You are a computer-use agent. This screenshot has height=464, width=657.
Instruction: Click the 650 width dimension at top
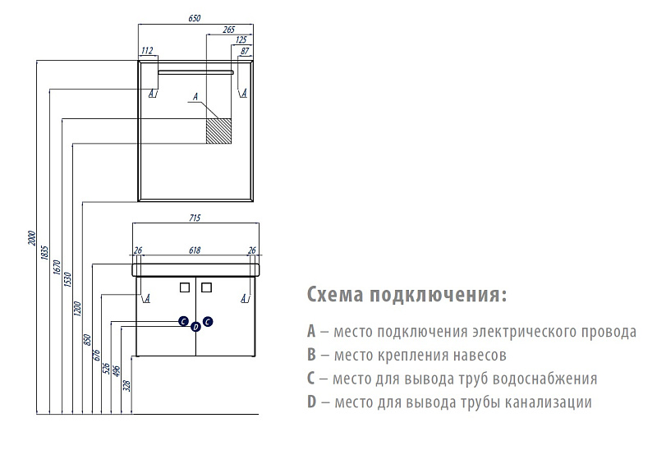[195, 18]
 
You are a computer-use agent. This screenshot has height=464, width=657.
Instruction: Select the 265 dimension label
[229, 30]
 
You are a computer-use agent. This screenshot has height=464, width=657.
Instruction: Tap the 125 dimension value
[241, 39]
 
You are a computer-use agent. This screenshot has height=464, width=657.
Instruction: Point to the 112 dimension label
[147, 51]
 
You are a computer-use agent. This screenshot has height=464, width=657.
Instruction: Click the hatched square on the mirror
[218, 131]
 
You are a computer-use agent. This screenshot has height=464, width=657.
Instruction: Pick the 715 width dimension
[195, 218]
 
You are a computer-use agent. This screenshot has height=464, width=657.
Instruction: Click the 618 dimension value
[195, 250]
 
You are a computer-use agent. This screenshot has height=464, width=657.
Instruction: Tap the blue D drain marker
[195, 327]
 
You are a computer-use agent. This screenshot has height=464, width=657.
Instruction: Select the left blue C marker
[183, 321]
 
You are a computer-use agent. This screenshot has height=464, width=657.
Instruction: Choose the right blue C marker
[208, 321]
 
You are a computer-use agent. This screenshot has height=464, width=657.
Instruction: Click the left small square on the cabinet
[184, 287]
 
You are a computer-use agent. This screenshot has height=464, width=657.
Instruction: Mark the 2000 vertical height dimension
[32, 238]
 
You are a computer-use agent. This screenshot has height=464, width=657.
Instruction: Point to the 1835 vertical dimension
[45, 253]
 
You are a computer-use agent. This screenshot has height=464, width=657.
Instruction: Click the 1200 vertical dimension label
[76, 309]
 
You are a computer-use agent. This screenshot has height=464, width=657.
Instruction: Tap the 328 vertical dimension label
[127, 385]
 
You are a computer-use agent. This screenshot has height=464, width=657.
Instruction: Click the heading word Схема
[335, 294]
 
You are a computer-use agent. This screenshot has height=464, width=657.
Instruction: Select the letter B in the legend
[311, 355]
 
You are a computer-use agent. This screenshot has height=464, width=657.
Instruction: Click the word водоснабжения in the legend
[544, 379]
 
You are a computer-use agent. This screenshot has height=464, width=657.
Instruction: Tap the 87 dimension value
[245, 51]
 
